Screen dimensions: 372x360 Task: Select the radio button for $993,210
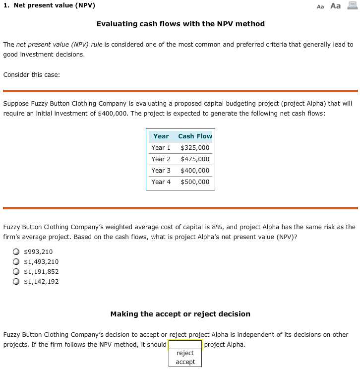point(16,251)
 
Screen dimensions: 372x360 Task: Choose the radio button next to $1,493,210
point(16,261)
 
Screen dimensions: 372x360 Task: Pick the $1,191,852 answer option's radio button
point(16,271)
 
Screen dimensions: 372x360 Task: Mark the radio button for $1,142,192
point(16,281)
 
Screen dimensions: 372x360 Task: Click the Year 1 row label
point(161,147)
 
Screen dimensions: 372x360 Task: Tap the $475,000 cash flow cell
point(195,159)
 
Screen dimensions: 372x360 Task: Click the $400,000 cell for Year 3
point(195,170)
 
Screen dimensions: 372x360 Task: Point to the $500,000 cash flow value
point(195,182)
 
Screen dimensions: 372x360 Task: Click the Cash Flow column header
point(195,136)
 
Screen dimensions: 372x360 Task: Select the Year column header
point(161,136)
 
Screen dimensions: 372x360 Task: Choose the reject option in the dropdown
point(185,353)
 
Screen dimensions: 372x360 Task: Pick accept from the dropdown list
point(185,362)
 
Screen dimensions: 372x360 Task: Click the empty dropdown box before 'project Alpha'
point(185,345)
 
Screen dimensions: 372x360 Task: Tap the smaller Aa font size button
point(320,6)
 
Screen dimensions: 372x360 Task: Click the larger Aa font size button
point(335,6)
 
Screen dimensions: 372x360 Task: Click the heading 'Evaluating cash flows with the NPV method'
point(180,24)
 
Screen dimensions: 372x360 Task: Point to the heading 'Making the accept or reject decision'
point(180,314)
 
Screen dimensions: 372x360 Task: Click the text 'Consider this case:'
point(32,75)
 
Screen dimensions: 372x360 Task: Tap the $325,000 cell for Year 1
point(195,147)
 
